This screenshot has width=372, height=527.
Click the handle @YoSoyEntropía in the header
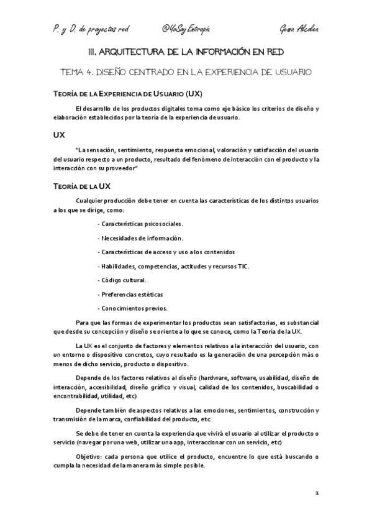[186, 30]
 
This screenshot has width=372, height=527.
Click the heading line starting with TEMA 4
[186, 73]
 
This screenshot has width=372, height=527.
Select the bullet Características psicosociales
[141, 223]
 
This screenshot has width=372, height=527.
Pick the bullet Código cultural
[123, 280]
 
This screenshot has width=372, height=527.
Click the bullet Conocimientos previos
[133, 308]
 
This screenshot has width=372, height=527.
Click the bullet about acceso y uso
[166, 252]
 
